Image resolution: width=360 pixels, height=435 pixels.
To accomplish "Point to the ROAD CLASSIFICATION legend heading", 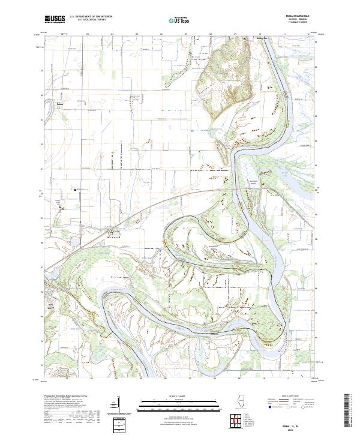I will (288, 397).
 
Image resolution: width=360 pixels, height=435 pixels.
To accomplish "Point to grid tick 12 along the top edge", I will (307, 35).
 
